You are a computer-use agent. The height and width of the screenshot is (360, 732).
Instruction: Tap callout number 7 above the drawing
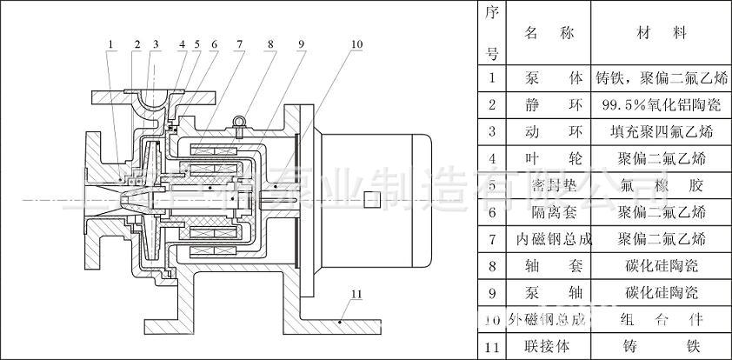coord(238,43)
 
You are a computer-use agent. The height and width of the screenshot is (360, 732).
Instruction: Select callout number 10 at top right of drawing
coord(356,43)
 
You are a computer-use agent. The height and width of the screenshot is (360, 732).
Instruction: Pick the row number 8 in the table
coord(491,266)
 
